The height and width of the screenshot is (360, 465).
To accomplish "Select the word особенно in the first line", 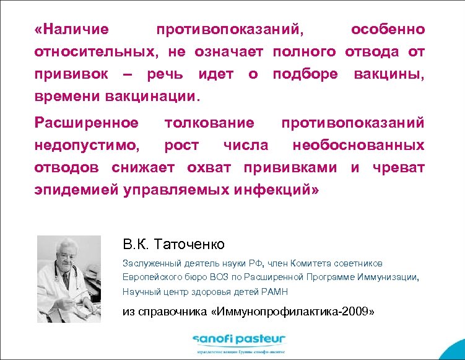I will pyautogui.click(x=388, y=29).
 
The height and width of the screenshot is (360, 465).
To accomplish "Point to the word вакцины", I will pyautogui.click(x=389, y=74).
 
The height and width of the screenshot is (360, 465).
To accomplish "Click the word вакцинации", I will pyautogui.click(x=154, y=97).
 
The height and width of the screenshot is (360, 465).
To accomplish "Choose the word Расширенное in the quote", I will pyautogui.click(x=87, y=122).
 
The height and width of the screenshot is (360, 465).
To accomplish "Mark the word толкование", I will pyautogui.click(x=209, y=122).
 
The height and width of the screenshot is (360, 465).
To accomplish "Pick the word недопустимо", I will pyautogui.click(x=87, y=145).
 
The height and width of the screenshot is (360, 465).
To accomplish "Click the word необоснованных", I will pyautogui.click(x=359, y=145).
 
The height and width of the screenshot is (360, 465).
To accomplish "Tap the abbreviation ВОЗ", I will pyautogui.click(x=215, y=277).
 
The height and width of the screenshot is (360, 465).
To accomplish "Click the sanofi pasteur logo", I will pyautogui.click(x=238, y=340).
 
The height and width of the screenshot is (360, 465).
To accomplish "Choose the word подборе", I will pyautogui.click(x=306, y=74).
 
